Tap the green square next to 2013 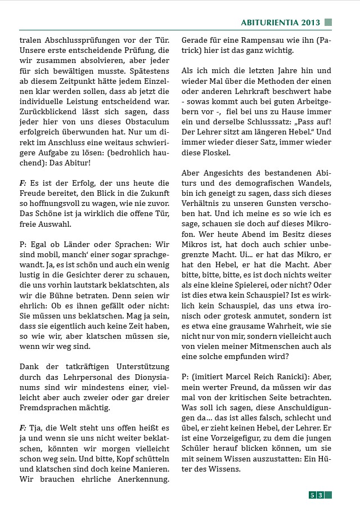[328, 23]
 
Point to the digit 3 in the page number [319, 495]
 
